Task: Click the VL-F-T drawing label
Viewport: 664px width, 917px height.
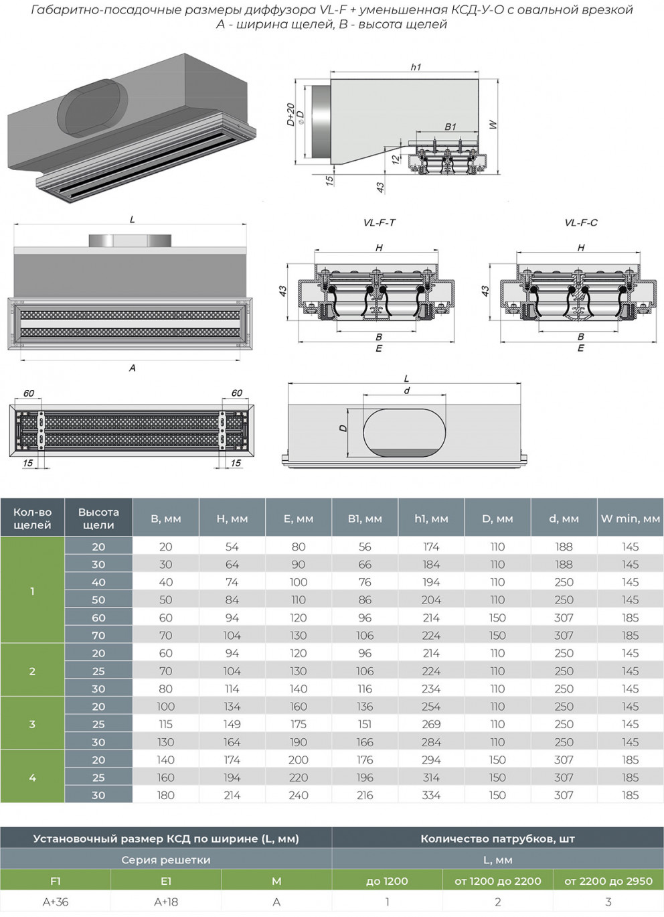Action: (379, 223)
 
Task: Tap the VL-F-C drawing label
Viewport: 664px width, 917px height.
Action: (580, 223)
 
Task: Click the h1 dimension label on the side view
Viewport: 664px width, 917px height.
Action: (416, 67)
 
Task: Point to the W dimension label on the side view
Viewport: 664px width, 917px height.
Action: (493, 125)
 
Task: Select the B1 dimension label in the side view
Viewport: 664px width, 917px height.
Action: (450, 127)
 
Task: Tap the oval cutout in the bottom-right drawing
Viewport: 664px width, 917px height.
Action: (404, 433)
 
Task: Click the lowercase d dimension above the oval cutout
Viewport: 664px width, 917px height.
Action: (406, 391)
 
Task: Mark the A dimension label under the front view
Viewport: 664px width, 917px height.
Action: (132, 368)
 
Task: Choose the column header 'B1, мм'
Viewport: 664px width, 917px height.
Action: (365, 518)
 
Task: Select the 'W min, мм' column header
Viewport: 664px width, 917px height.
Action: (630, 518)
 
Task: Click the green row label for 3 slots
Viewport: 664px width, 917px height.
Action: (32, 724)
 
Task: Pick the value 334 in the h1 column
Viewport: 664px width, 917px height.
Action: (431, 795)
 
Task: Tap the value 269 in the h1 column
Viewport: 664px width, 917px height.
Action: (431, 724)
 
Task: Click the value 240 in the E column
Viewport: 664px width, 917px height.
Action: (299, 795)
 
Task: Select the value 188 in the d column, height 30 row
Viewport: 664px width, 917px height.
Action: (564, 564)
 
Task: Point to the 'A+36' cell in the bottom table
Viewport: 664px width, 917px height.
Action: (56, 902)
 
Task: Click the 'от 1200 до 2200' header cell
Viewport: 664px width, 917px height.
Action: (497, 881)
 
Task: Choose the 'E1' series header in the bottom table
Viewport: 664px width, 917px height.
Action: (166, 881)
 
